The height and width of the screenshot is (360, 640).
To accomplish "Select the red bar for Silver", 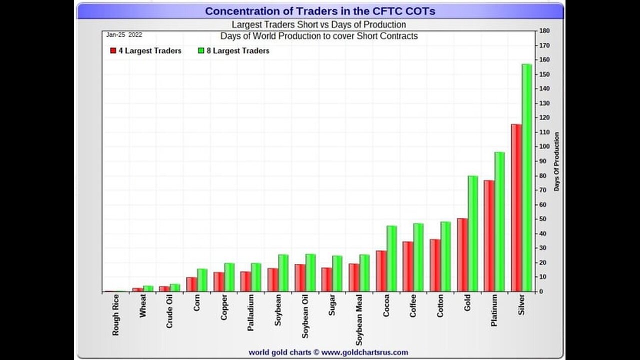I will click(516, 207).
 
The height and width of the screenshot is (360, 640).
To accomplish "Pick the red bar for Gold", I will click(462, 254).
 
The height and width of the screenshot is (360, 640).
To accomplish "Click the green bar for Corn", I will click(202, 280).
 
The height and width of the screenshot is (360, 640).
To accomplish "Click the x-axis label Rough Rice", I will click(116, 314).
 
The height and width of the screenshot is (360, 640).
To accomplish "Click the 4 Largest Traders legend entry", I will click(145, 50).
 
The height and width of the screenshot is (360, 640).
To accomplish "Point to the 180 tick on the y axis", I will click(544, 31).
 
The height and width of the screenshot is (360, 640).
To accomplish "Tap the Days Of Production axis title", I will click(556, 161).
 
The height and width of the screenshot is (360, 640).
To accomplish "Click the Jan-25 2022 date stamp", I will click(124, 35).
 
